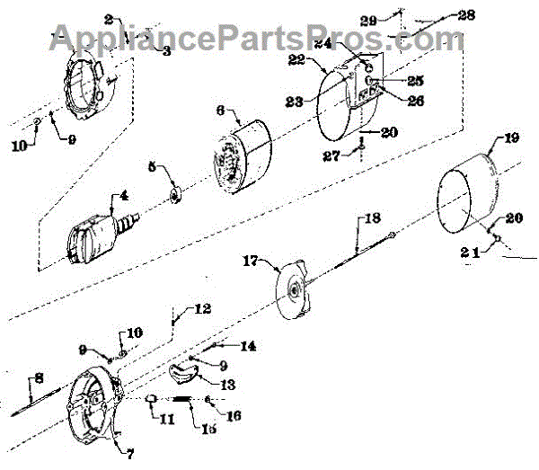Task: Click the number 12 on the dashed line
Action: [x=203, y=309]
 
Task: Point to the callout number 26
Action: [x=390, y=101]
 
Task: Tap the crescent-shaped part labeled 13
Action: [x=186, y=371]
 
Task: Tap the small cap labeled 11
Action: [x=152, y=400]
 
